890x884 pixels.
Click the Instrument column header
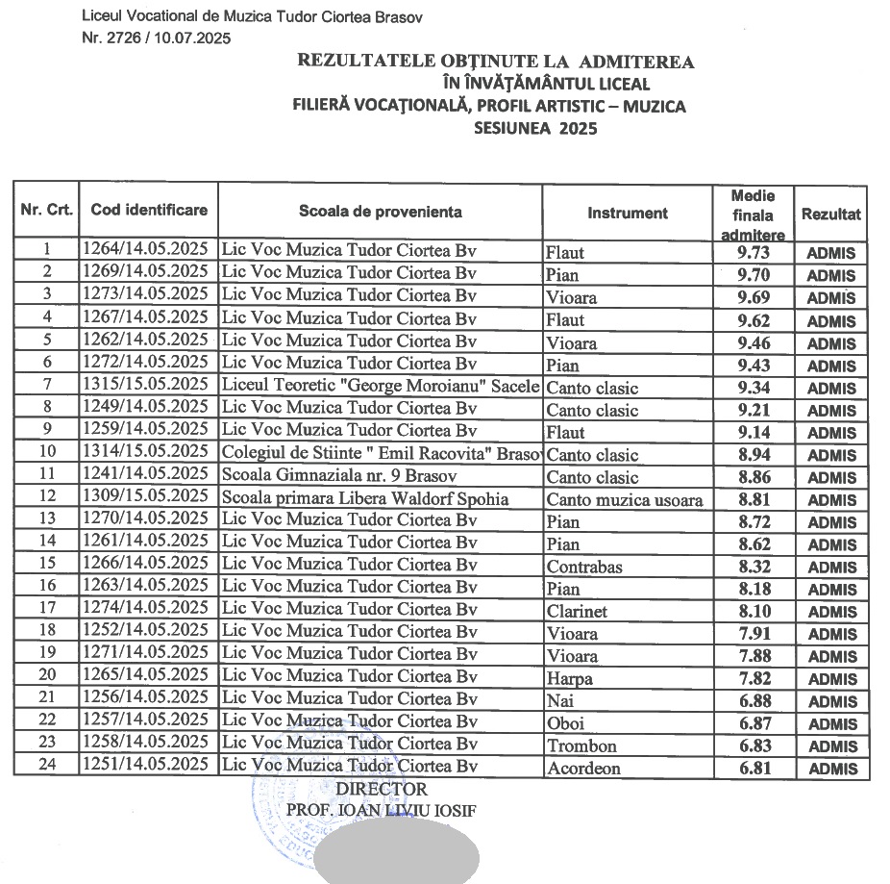(x=628, y=213)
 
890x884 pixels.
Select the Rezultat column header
(x=831, y=214)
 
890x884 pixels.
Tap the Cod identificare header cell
(x=149, y=210)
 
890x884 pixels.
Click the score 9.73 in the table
(x=753, y=253)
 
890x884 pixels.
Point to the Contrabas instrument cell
(x=584, y=567)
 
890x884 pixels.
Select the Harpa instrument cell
(x=570, y=679)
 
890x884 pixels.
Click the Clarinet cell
(x=577, y=611)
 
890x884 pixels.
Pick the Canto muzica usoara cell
(x=625, y=499)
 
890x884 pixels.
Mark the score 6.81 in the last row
(x=753, y=768)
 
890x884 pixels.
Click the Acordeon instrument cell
(x=583, y=769)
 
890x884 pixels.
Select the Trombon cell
(x=581, y=745)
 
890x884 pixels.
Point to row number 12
(x=46, y=497)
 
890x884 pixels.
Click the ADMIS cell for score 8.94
(x=831, y=455)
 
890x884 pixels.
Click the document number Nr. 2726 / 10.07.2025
(x=157, y=38)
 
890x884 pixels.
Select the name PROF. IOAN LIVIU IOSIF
(x=381, y=809)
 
